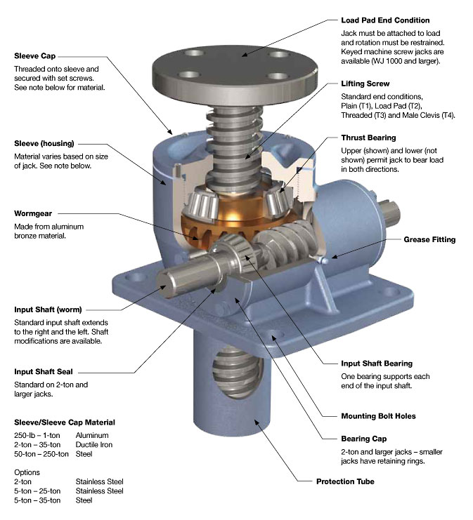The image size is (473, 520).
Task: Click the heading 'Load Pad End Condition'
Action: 385,20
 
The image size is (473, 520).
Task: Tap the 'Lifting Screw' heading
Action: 365,83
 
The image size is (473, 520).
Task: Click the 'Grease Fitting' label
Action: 429,239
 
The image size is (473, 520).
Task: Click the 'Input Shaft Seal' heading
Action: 44,371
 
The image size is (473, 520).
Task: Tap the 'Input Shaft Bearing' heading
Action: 376,364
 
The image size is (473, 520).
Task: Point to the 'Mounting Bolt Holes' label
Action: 378,416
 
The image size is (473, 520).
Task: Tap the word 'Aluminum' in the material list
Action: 93,435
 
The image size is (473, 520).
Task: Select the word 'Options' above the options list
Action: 27,472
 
